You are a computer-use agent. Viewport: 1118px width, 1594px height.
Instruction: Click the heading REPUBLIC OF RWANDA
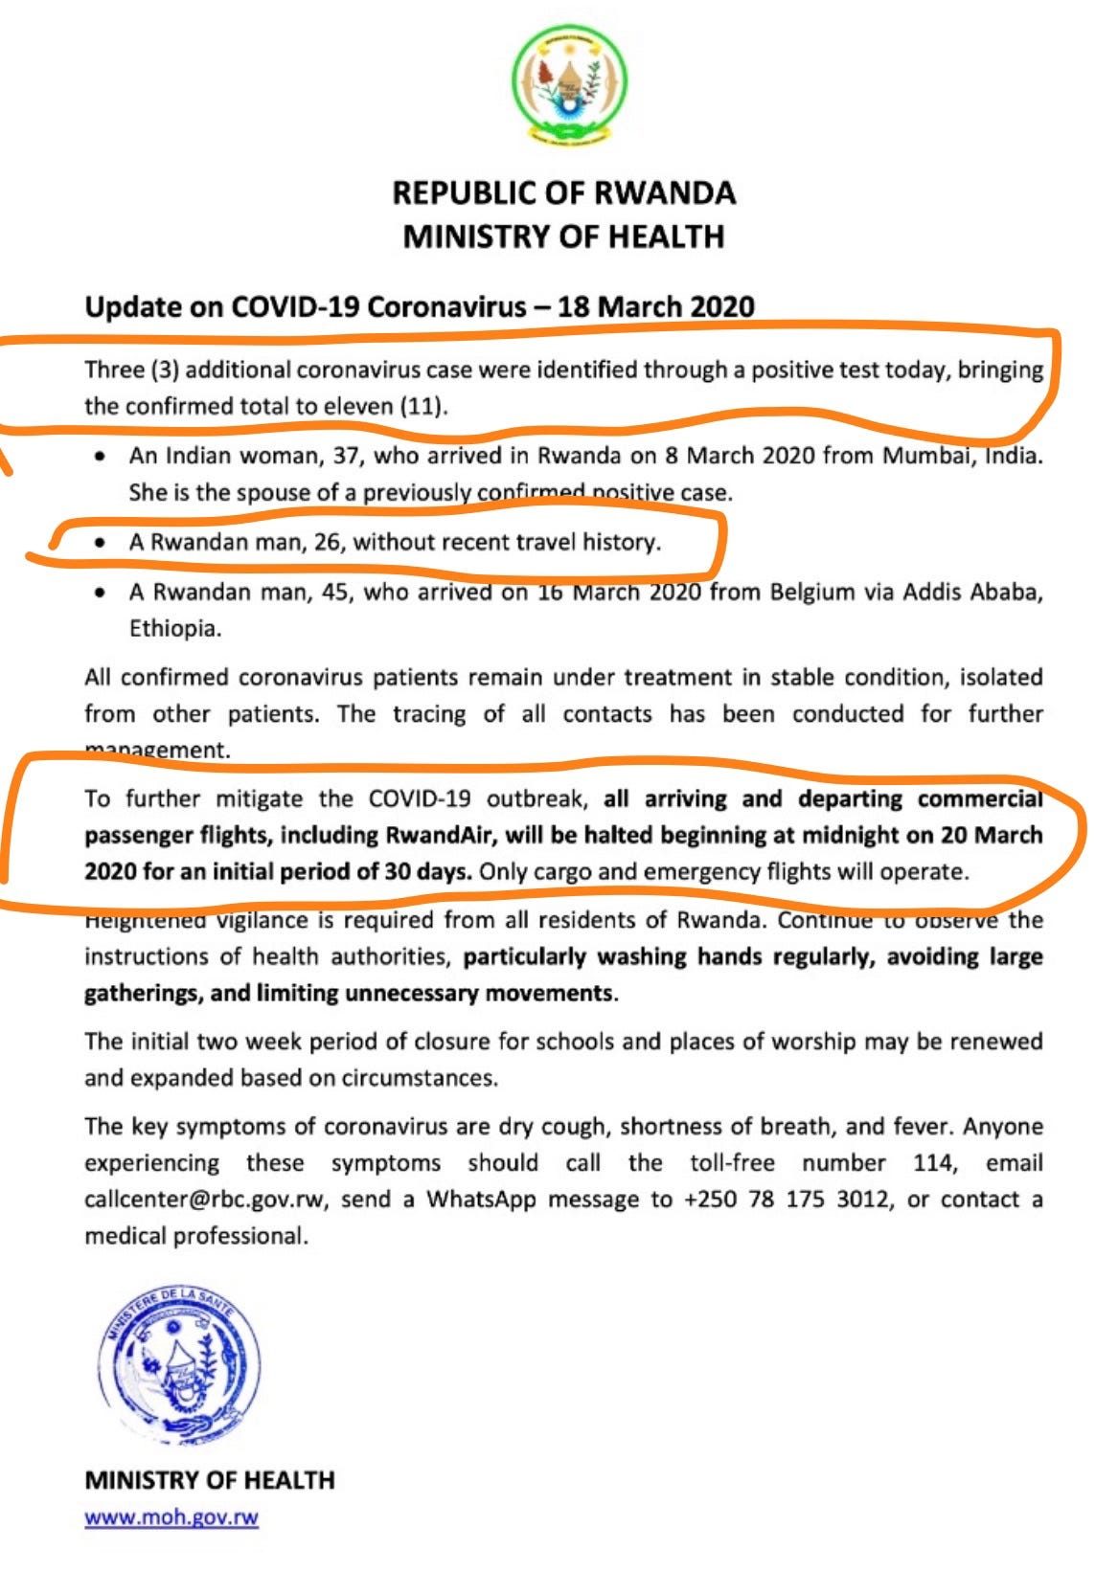(563, 192)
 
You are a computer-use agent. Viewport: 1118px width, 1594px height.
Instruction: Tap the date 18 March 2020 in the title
(656, 306)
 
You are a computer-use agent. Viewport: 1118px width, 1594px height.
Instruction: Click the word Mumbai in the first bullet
(921, 455)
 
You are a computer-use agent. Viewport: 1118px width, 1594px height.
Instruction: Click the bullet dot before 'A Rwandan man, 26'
(100, 543)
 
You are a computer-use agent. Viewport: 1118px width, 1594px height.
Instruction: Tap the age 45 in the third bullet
(335, 592)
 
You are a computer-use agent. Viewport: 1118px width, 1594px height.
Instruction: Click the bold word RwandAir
(440, 835)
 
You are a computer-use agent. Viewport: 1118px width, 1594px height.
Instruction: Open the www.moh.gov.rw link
(171, 1517)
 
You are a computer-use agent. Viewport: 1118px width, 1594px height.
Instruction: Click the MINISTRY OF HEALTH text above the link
(210, 1480)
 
